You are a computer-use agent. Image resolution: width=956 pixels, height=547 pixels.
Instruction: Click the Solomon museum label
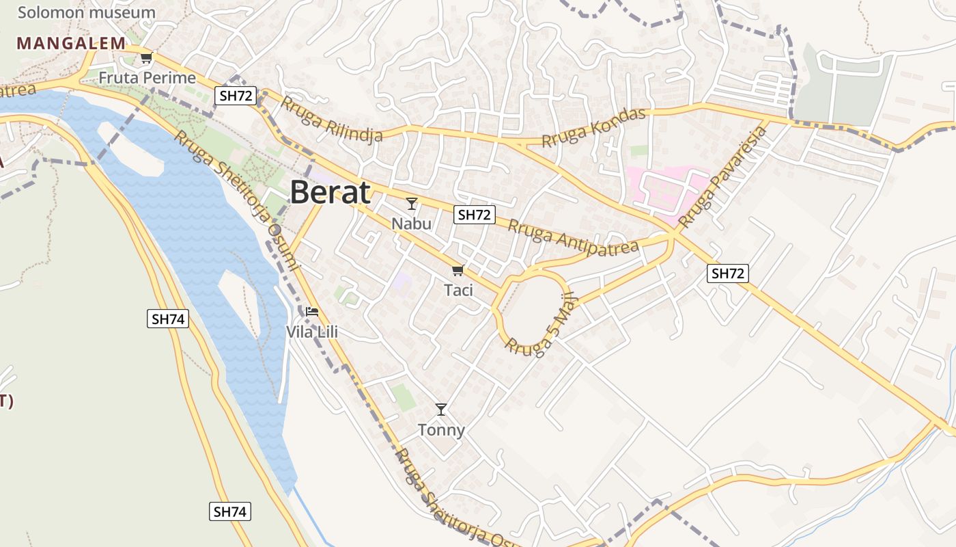[x=87, y=12]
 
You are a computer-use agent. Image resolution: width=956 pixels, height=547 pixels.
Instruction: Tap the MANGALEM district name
[x=72, y=43]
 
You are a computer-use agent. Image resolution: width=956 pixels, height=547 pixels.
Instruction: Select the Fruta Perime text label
[x=147, y=78]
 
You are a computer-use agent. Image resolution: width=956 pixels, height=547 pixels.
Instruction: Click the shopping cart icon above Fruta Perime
[x=146, y=57]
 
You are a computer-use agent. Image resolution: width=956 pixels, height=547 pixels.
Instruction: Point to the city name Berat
[x=331, y=193]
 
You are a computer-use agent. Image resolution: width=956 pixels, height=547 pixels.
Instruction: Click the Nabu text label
[x=411, y=224]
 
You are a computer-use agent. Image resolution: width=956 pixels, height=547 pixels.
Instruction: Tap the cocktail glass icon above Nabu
[x=411, y=203]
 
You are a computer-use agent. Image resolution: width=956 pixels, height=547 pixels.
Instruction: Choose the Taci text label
[x=458, y=290]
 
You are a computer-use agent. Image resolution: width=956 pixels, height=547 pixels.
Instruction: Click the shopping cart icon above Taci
[x=458, y=270]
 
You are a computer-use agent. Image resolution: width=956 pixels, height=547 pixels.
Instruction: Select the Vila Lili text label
[x=312, y=332]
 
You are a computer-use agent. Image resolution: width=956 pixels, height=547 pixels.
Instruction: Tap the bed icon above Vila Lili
[x=312, y=312]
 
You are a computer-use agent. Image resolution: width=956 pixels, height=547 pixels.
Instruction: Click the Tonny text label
[x=441, y=430]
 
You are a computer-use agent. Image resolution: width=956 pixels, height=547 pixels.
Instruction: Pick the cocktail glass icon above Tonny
[x=441, y=410]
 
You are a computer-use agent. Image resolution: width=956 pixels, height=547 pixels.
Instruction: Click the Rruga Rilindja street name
[x=332, y=121]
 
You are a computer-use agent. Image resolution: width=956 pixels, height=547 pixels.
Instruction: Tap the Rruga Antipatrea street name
[x=574, y=236]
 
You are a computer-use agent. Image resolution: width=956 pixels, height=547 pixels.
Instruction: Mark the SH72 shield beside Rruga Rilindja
[x=236, y=96]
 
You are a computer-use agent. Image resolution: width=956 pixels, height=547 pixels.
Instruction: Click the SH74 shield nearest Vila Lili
[x=168, y=319]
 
